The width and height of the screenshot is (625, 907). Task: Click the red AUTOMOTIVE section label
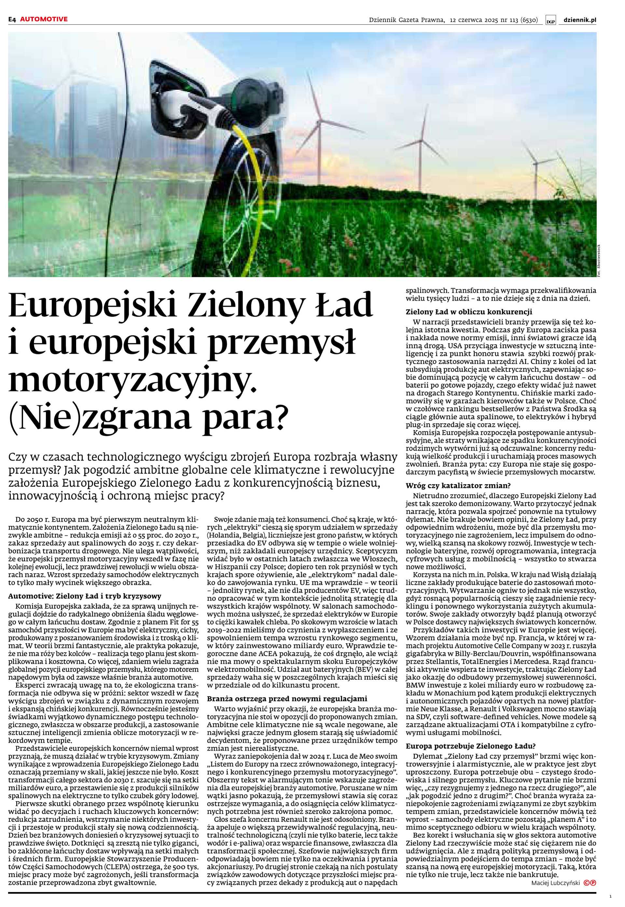pyautogui.click(x=44, y=19)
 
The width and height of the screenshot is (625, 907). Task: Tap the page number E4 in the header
pyautogui.click(x=12, y=19)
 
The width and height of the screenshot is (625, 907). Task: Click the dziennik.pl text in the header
pyautogui.click(x=580, y=20)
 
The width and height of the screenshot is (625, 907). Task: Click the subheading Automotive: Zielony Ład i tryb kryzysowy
pyautogui.click(x=85, y=596)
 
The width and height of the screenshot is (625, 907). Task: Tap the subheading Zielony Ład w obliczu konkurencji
pyautogui.click(x=469, y=312)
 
